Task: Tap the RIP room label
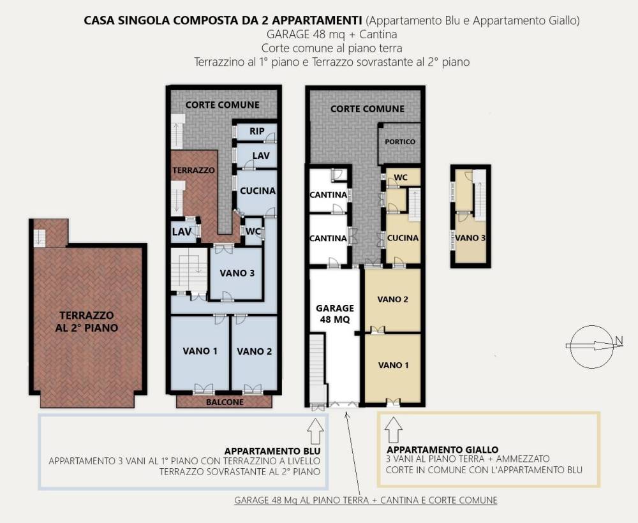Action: pos(256,131)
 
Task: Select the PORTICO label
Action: pos(400,142)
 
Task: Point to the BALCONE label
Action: pos(224,402)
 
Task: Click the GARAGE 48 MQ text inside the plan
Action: pos(335,314)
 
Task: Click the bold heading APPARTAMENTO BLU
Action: pos(272,450)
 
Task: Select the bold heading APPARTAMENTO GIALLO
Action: pos(442,450)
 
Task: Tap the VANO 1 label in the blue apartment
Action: pos(200,351)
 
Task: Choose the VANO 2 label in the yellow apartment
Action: pos(392,298)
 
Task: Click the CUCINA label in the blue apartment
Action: pos(257,191)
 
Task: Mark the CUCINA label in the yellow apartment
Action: pos(403,238)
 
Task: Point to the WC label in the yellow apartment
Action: pos(401,178)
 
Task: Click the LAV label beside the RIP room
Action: pos(260,156)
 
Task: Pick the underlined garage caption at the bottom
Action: pos(366,501)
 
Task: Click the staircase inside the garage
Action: pos(316,370)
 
